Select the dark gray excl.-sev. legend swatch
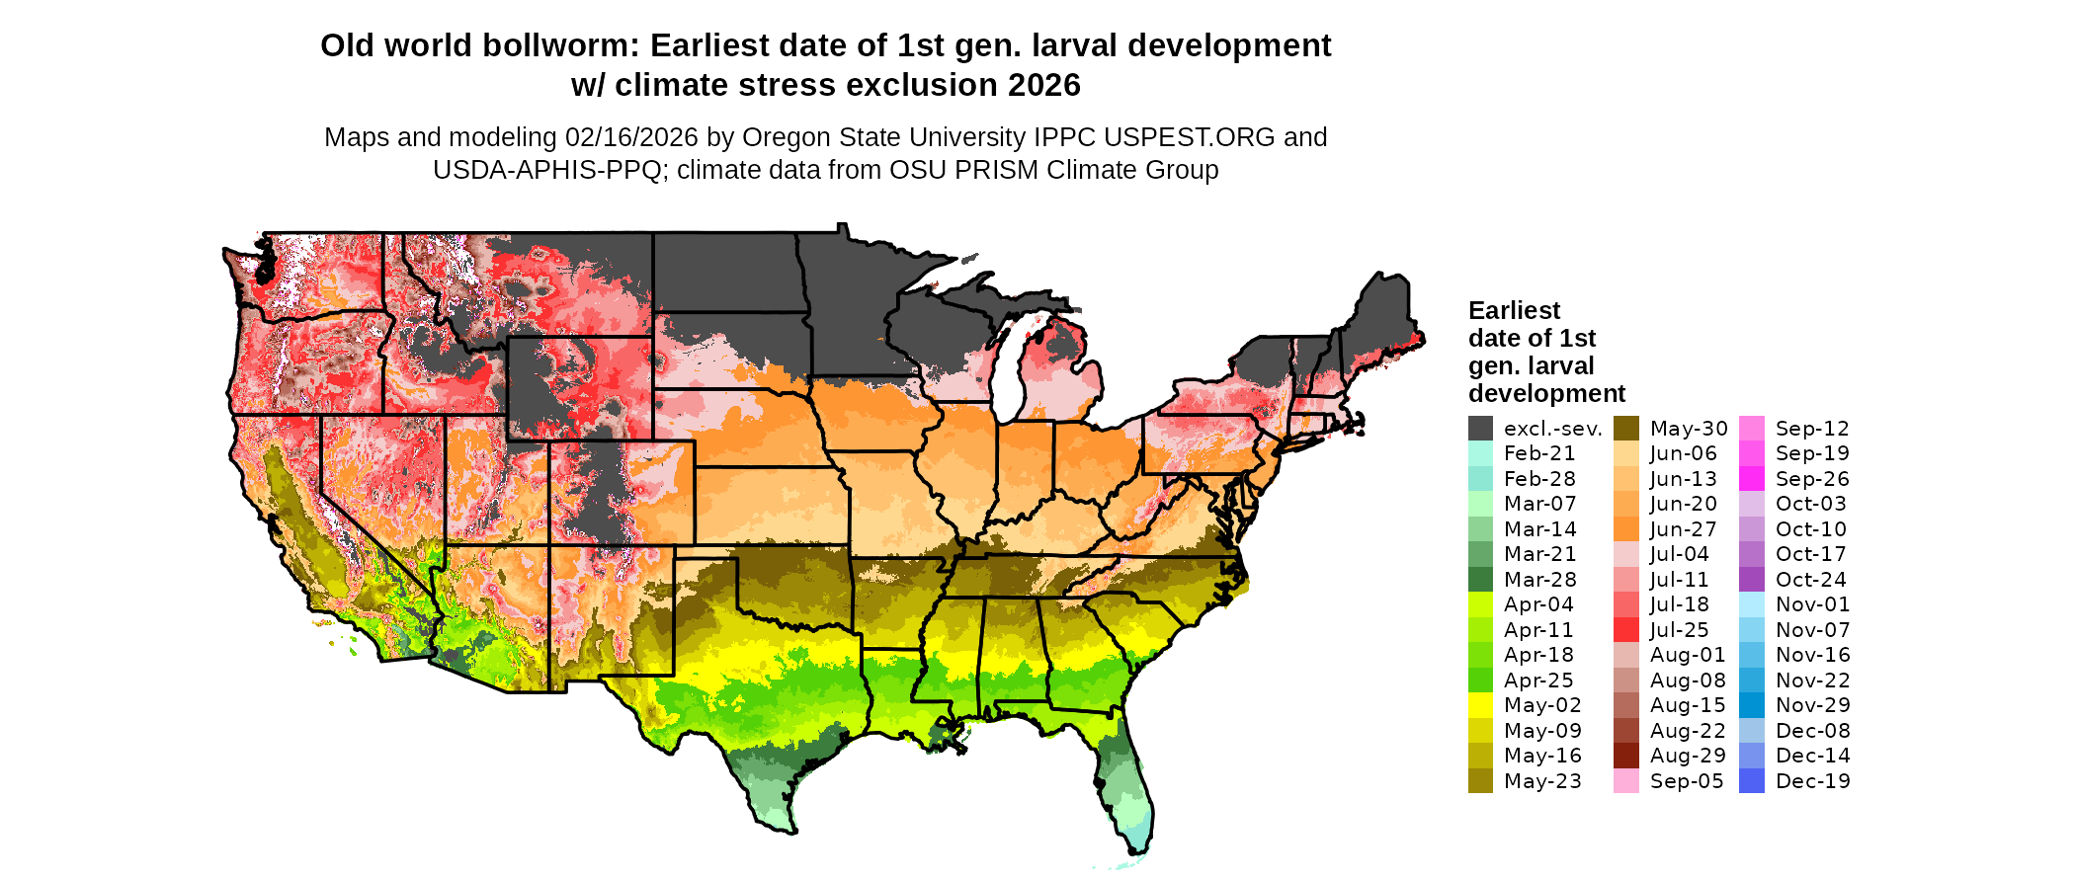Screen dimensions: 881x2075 (x=1480, y=429)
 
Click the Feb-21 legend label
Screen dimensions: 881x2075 (x=1539, y=453)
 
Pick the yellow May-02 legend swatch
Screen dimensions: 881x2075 (x=1480, y=705)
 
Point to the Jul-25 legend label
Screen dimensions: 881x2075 (x=1679, y=630)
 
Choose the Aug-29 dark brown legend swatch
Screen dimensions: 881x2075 (x=1625, y=756)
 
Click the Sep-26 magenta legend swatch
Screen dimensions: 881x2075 (x=1751, y=479)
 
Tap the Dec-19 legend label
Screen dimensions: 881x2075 (x=1812, y=781)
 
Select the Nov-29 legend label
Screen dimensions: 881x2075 (x=1812, y=705)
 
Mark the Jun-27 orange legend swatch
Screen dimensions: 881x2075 (x=1625, y=529)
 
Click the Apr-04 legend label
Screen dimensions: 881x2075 (x=1538, y=604)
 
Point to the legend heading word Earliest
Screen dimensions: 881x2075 (x=1514, y=311)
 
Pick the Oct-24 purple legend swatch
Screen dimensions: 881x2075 (x=1751, y=580)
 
